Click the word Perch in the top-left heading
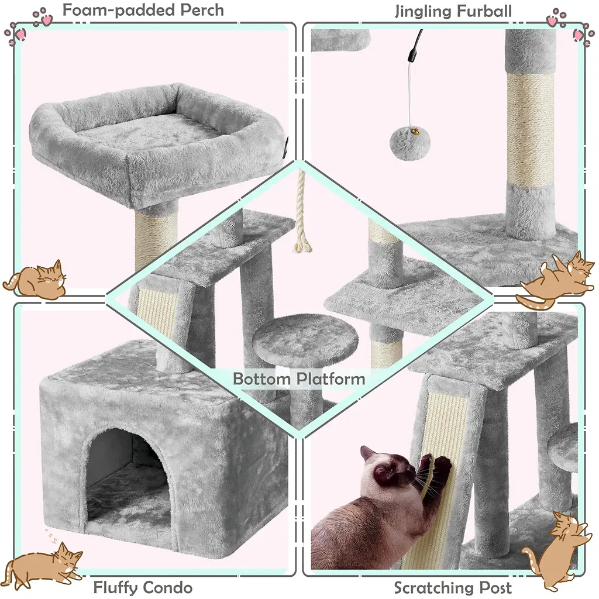click(202, 11)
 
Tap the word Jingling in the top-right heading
click(421, 12)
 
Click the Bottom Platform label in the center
click(299, 379)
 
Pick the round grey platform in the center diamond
click(305, 336)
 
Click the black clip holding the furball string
click(412, 56)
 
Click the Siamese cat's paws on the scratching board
click(436, 466)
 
